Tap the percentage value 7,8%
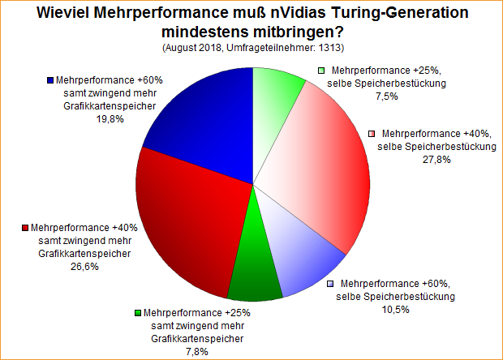click(196, 350)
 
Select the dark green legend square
click(139, 313)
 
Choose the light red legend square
click(372, 133)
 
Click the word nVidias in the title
click(286, 14)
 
